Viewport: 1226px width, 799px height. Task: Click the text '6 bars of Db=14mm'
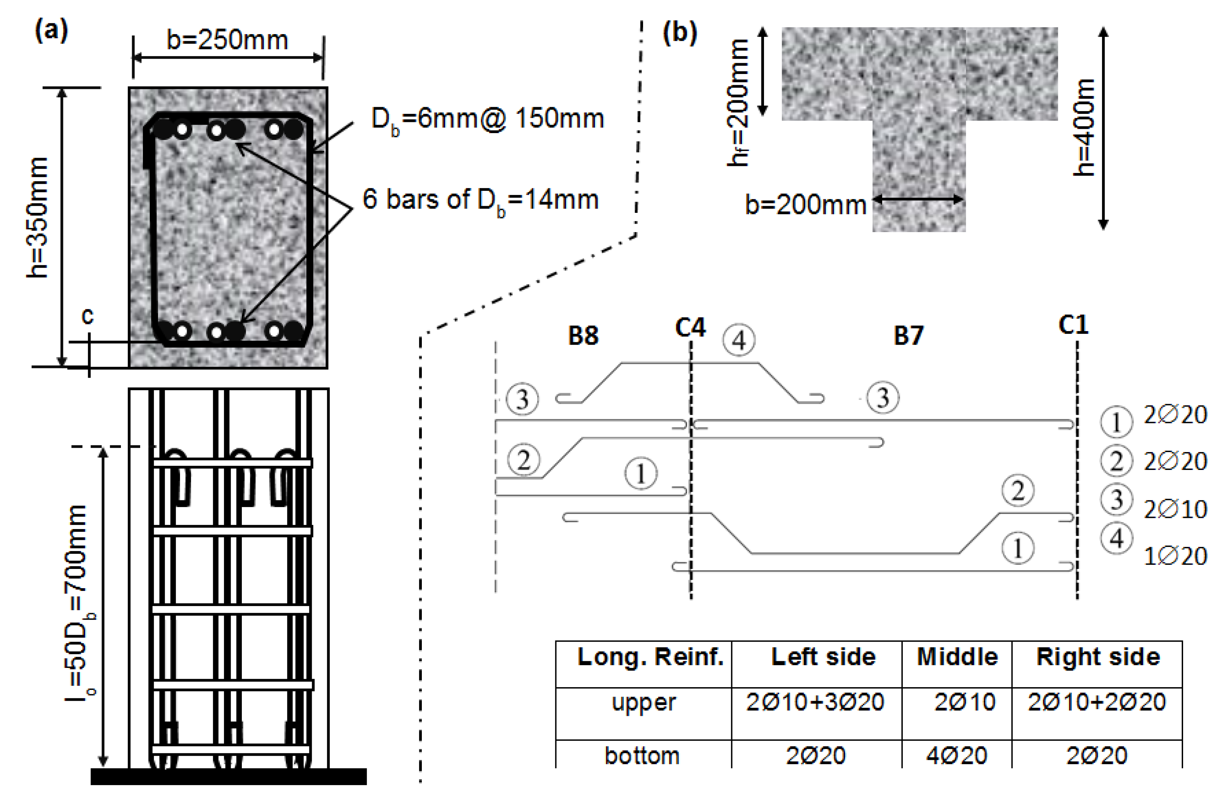pos(480,200)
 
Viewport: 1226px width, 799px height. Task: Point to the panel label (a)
pos(51,31)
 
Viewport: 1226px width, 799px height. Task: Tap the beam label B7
pos(908,335)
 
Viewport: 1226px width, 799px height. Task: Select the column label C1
pos(1074,325)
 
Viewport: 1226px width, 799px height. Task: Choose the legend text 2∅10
pos(1176,509)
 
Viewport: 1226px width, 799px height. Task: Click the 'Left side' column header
pos(823,657)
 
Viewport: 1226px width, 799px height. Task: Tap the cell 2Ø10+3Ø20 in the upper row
pos(815,702)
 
